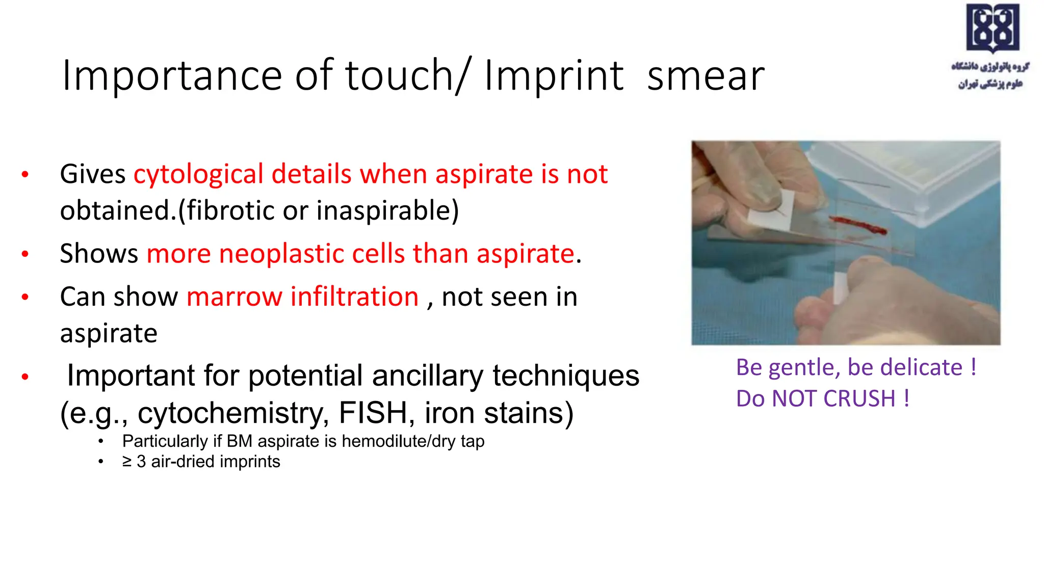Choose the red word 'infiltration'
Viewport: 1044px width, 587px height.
coord(354,297)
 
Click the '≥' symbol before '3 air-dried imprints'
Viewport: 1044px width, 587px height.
coord(127,462)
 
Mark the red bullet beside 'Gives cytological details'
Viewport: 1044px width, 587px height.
coord(25,175)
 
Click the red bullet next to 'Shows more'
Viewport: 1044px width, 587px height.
coord(25,254)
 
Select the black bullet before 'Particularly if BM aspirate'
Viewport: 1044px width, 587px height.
coord(101,441)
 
